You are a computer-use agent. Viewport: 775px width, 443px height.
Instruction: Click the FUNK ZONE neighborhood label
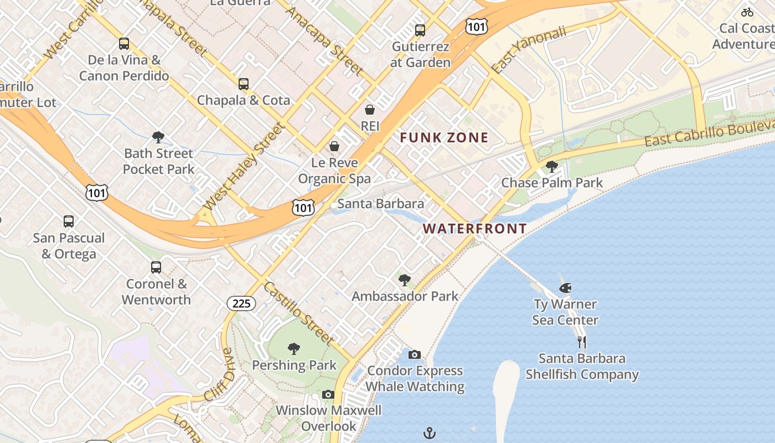click(x=444, y=137)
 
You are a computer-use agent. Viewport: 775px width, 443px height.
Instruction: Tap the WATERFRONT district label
click(x=474, y=228)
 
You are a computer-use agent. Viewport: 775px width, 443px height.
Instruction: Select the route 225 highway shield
click(x=241, y=303)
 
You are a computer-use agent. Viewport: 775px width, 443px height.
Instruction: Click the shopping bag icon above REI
click(x=370, y=110)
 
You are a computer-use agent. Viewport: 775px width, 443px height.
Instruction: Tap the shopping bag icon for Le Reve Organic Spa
click(x=334, y=146)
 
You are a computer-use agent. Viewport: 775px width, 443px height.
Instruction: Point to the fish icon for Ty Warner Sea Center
click(x=565, y=287)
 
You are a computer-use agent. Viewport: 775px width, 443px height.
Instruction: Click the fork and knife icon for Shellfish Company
click(x=581, y=342)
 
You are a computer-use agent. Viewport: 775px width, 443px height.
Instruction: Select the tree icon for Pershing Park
click(x=294, y=349)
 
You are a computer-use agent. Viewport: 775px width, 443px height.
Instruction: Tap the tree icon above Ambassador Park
click(x=405, y=280)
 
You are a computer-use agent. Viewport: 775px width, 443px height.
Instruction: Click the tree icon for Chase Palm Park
click(x=551, y=166)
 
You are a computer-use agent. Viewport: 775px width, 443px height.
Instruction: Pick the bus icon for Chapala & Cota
click(x=244, y=84)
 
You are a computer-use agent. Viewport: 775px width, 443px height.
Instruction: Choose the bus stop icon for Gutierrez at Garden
click(x=420, y=30)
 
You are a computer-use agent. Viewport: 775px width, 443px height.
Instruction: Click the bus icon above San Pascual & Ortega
click(x=69, y=221)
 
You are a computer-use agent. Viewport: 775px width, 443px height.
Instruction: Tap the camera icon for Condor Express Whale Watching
click(x=415, y=354)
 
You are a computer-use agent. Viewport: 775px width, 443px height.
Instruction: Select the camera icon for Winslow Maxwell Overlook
click(x=328, y=394)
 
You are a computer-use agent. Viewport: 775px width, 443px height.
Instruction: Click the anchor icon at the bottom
click(x=430, y=433)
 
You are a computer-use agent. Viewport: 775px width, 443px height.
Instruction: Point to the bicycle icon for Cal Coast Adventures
click(x=747, y=12)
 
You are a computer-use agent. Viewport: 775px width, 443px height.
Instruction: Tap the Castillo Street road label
click(x=298, y=313)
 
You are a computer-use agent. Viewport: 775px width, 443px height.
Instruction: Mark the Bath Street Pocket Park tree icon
click(x=158, y=137)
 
